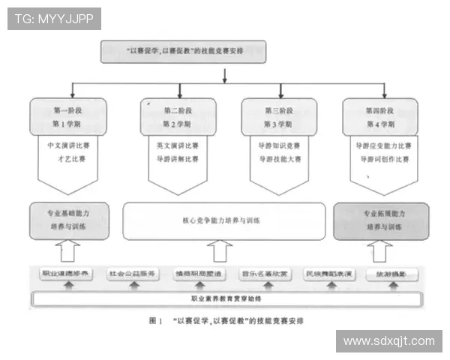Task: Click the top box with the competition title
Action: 184,52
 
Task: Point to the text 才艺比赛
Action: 70,159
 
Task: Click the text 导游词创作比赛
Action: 382,159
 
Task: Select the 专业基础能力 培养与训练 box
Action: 70,220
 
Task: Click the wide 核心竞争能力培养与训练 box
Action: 220,220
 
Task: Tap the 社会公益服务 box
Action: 131,274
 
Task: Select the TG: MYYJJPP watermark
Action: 54,18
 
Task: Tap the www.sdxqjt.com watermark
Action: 389,341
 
